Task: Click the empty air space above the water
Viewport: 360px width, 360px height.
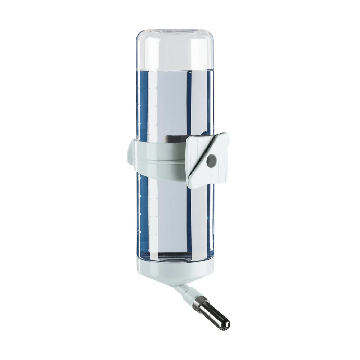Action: pyautogui.click(x=173, y=47)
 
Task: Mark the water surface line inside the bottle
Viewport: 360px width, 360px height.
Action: pyautogui.click(x=173, y=68)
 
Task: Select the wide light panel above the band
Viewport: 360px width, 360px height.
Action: pyautogui.click(x=169, y=104)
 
